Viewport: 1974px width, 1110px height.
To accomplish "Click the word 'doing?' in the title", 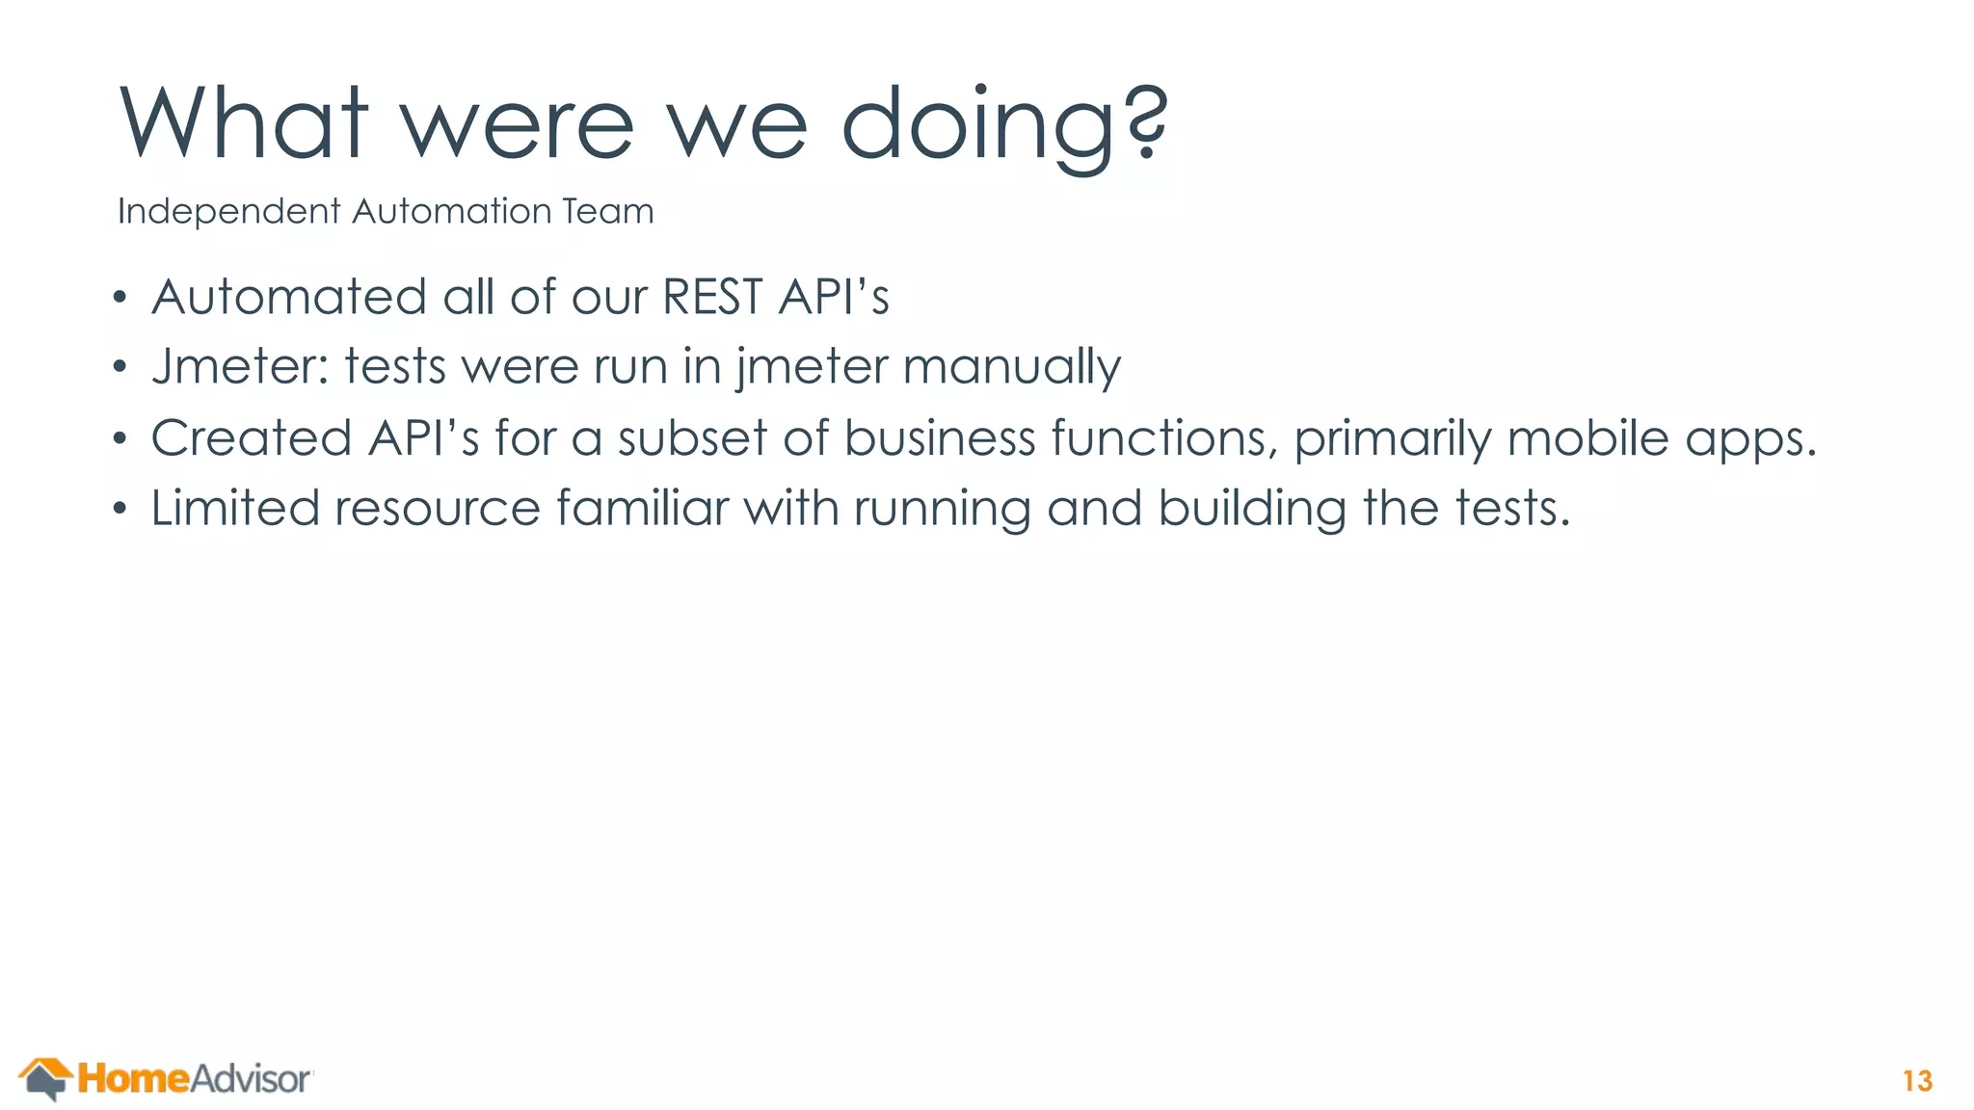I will tap(1004, 125).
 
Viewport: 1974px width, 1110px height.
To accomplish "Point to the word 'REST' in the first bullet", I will tap(712, 297).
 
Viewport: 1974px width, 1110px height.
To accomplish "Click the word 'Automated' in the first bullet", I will tap(289, 297).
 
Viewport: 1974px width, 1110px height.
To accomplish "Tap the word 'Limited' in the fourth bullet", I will tap(235, 509).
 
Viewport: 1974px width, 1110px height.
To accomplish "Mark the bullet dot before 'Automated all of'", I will tap(120, 298).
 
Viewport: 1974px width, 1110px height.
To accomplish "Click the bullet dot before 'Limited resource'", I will tap(120, 509).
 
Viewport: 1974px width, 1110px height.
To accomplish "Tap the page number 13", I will tap(1917, 1081).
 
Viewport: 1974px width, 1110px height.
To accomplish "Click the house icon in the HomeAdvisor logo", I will tap(45, 1078).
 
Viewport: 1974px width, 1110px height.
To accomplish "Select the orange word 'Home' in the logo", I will tap(134, 1079).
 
